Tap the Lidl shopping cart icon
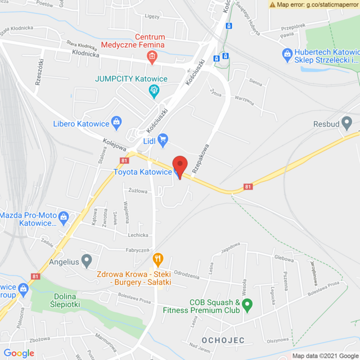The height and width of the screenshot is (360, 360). coord(163,138)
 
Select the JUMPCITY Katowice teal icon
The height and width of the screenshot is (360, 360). coord(153,90)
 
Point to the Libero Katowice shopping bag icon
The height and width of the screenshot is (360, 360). coord(116,121)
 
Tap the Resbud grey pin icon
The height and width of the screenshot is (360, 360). coord(347,123)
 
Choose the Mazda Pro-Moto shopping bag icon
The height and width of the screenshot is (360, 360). coord(64,216)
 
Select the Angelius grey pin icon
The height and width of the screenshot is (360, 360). coord(86,260)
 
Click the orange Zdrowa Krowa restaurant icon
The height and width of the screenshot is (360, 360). coord(158,260)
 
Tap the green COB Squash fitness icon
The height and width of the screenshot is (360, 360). coord(247,306)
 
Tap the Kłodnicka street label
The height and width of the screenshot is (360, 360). coord(85,55)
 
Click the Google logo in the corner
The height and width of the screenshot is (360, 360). coord(19,353)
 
